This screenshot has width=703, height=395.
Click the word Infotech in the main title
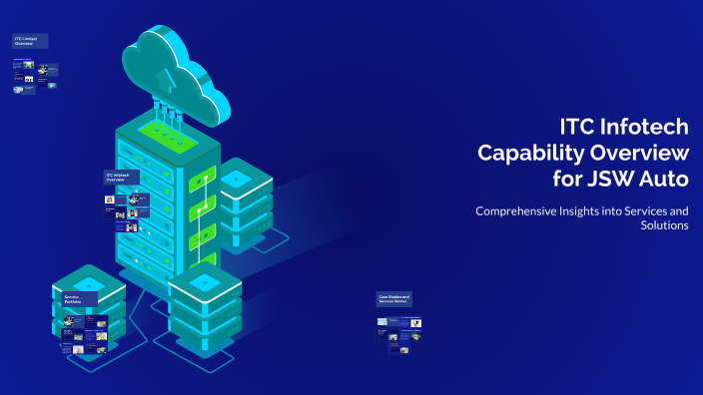(x=639, y=127)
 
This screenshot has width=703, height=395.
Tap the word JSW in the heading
(x=613, y=180)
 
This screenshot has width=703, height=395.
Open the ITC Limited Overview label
(x=30, y=41)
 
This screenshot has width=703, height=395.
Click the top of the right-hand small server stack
(x=237, y=177)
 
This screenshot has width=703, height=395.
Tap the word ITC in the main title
(x=574, y=127)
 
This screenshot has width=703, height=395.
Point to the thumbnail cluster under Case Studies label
(x=399, y=329)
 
